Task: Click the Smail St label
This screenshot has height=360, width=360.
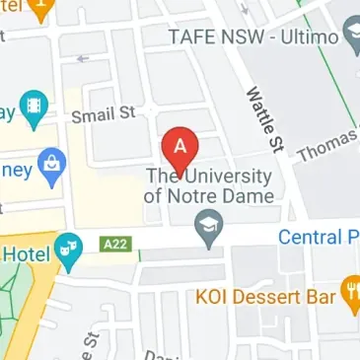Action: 102,114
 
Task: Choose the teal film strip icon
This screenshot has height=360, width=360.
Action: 36,107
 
